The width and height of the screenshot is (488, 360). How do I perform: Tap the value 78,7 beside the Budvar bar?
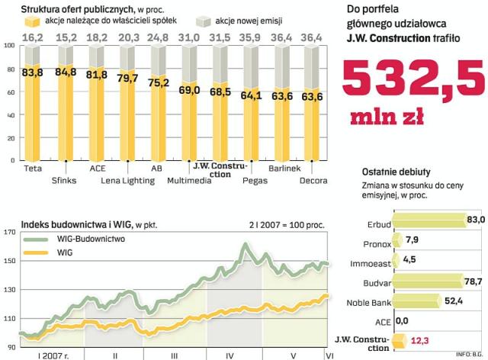coord(476,281)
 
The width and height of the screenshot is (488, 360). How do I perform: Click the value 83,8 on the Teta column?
coord(32,73)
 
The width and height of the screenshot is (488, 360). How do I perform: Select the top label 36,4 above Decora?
coord(312,36)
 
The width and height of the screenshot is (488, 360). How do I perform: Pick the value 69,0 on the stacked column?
coord(189,90)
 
